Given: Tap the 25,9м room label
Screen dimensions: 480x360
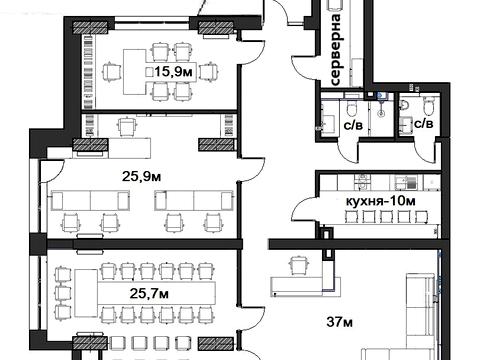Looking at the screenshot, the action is click(x=141, y=176).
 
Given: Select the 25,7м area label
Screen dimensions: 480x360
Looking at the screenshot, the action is click(x=149, y=293).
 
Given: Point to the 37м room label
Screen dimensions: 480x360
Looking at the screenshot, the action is click(x=339, y=322).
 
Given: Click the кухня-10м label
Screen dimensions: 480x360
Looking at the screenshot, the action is click(x=381, y=201).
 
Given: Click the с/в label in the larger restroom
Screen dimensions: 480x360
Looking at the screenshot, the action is click(x=353, y=125).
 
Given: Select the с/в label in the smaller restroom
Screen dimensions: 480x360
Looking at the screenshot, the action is click(x=424, y=124).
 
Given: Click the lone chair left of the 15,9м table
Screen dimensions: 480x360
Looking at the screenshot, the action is click(x=110, y=71).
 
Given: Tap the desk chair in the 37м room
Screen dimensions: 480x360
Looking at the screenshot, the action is click(x=298, y=266).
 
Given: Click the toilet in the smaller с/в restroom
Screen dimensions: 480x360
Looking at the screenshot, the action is click(x=429, y=105).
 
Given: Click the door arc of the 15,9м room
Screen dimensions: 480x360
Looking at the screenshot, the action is click(x=253, y=53).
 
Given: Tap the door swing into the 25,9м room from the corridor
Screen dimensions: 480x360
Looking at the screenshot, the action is click(x=253, y=169).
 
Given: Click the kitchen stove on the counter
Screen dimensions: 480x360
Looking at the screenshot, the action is click(x=362, y=183).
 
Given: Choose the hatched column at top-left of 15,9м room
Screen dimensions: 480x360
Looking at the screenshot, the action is click(x=90, y=28).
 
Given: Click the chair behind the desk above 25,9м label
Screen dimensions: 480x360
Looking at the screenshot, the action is click(x=127, y=127).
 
